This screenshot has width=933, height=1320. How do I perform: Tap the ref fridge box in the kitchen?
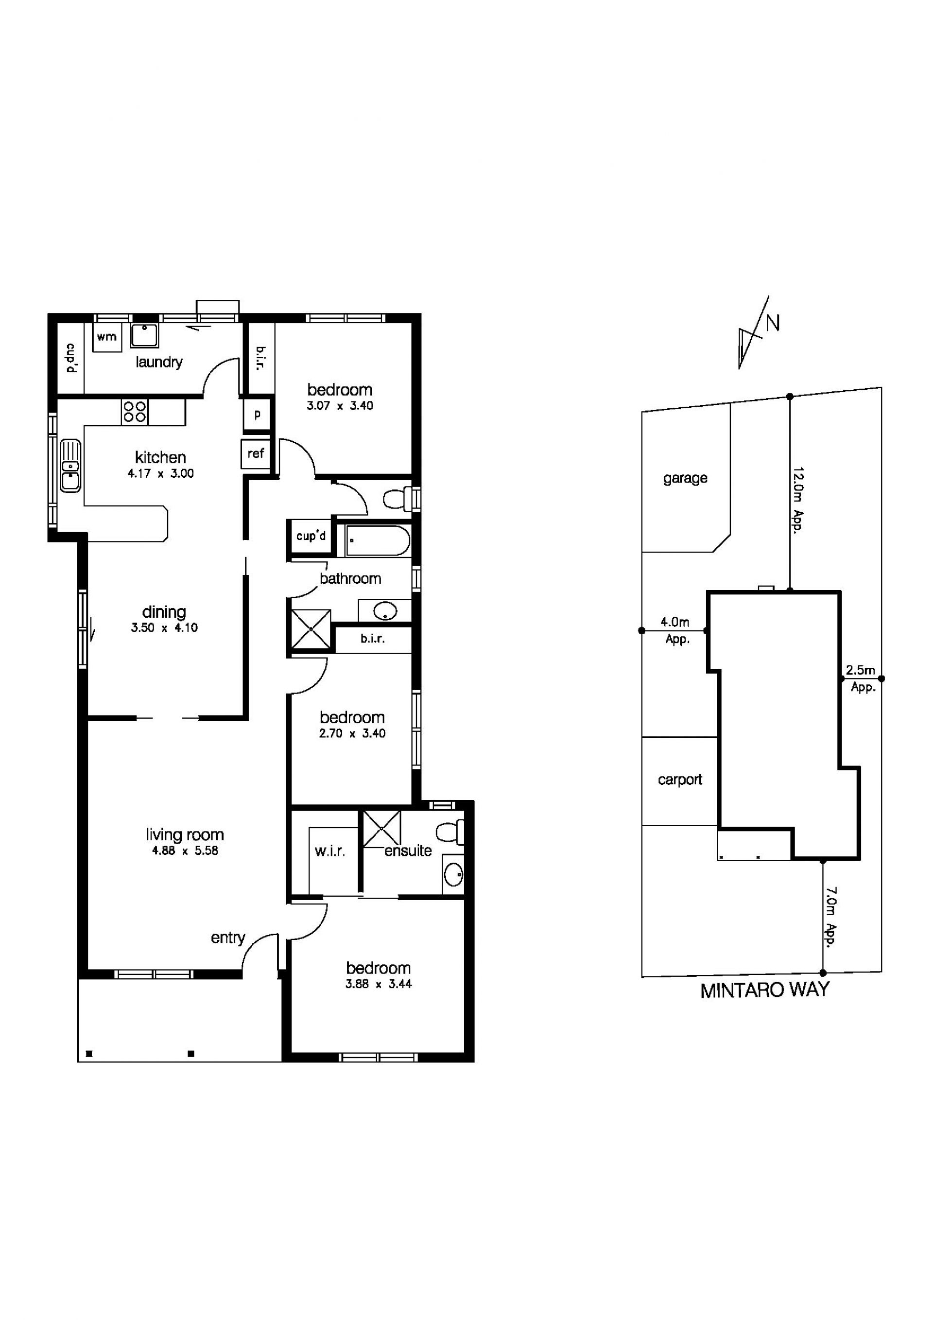coord(256,453)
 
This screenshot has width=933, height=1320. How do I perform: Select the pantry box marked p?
coord(257,414)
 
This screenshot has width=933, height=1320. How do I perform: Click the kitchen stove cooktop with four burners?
coord(135,412)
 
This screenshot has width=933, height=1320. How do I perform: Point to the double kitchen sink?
coord(70,466)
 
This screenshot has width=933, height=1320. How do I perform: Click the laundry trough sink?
coord(144,336)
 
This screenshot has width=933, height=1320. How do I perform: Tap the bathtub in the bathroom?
coord(378,540)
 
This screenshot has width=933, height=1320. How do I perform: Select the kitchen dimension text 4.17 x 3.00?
coord(160,474)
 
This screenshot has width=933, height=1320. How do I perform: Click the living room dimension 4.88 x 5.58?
coord(185,851)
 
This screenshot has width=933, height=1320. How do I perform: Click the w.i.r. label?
coord(329,851)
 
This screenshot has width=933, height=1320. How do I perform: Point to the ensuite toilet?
coord(450,832)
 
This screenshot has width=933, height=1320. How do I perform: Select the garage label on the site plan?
coord(685,478)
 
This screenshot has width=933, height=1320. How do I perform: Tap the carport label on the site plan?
coord(680,780)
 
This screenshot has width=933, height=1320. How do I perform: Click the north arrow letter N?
coord(773,324)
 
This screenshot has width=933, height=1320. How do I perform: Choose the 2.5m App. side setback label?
coord(861,678)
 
